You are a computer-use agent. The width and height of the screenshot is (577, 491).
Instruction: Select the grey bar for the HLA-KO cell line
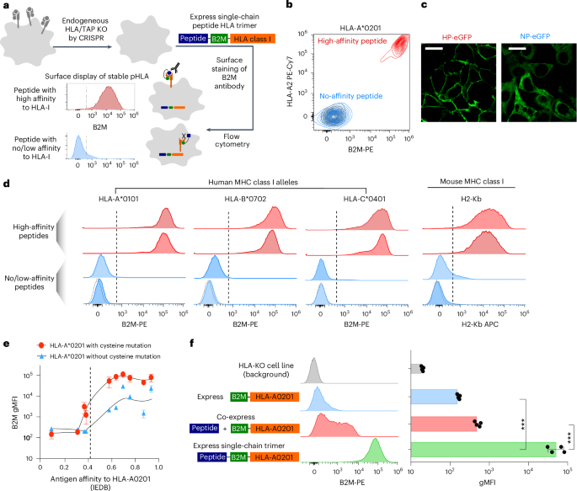click(x=416, y=344)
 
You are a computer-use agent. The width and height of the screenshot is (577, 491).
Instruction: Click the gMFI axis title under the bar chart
click(x=490, y=483)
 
